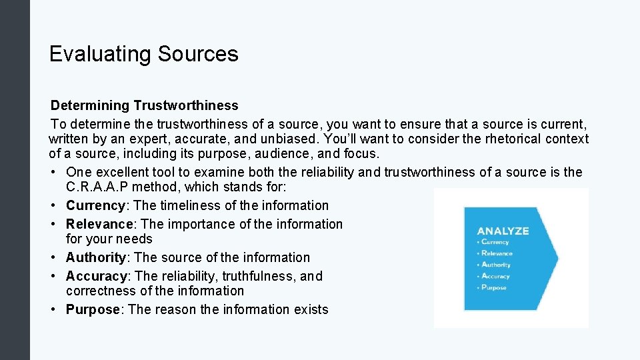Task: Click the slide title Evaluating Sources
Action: pyautogui.click(x=143, y=54)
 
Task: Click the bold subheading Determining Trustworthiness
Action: pyautogui.click(x=145, y=105)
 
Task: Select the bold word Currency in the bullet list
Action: pyautogui.click(x=95, y=205)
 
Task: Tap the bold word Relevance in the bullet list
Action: pyautogui.click(x=99, y=224)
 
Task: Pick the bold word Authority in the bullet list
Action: pyautogui.click(x=96, y=257)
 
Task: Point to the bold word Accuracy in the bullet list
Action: pyautogui.click(x=96, y=276)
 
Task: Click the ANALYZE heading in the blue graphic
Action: pyautogui.click(x=503, y=231)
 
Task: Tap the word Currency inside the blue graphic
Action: pyautogui.click(x=495, y=242)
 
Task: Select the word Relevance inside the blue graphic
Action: pyautogui.click(x=497, y=253)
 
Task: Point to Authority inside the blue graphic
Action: pyautogui.click(x=495, y=265)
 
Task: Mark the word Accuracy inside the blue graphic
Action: pyautogui.click(x=495, y=276)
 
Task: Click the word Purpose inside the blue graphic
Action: pyautogui.click(x=493, y=287)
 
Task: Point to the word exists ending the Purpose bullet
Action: pyautogui.click(x=311, y=309)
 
